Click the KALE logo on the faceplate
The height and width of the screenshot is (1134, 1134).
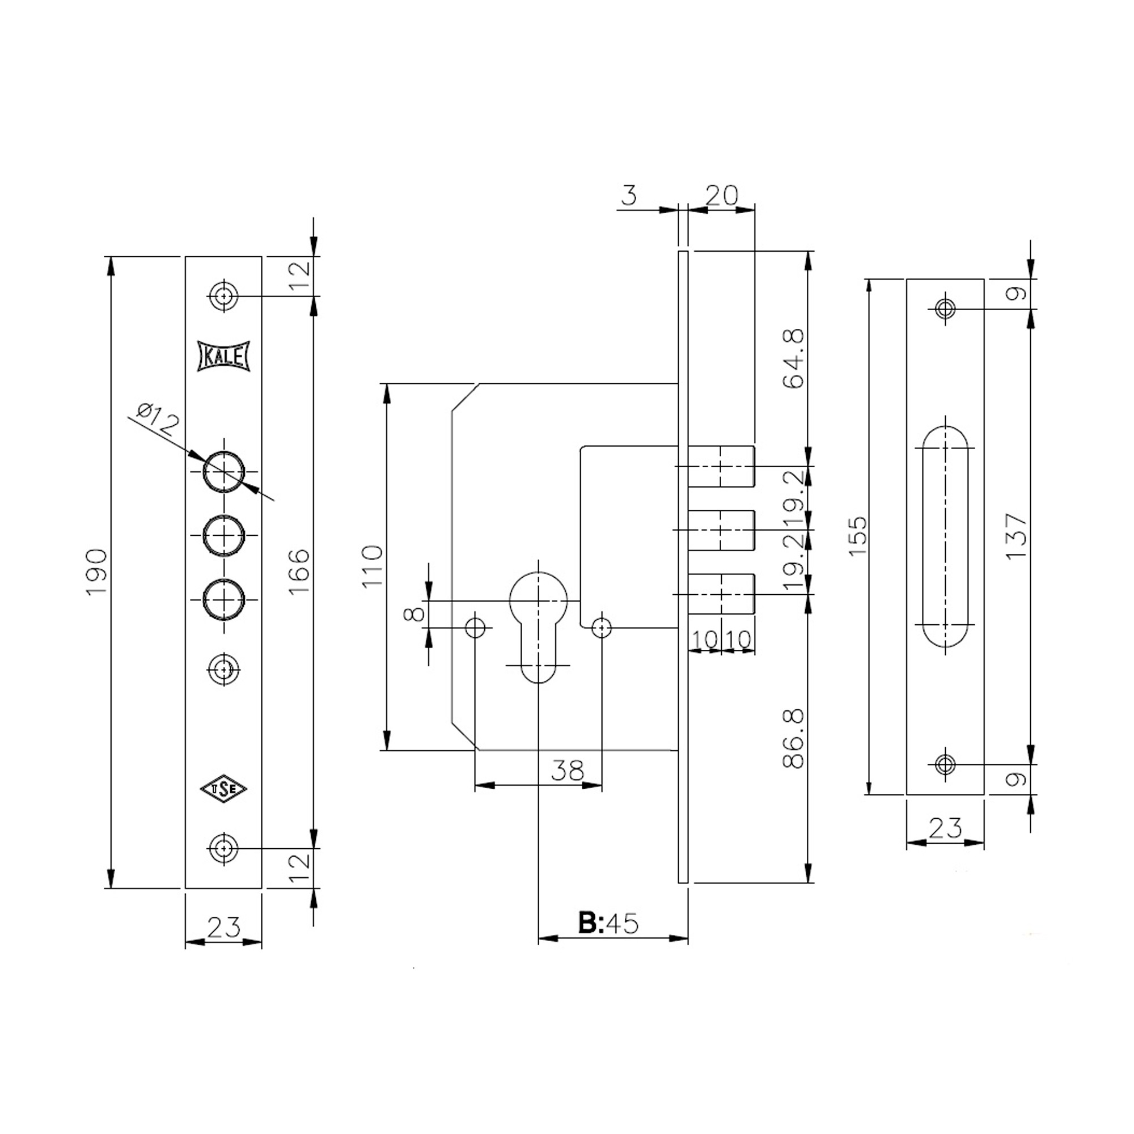coord(223,356)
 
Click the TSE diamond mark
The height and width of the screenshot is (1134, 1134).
coord(223,789)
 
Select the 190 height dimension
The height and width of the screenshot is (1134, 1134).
coord(96,572)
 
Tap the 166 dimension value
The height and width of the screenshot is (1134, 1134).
coord(299,572)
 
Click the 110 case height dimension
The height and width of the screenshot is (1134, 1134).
coord(373,566)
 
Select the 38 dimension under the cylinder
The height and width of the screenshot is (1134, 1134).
coord(568,770)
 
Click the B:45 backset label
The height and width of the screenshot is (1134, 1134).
coord(608,923)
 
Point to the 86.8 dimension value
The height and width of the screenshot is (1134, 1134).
coord(794,738)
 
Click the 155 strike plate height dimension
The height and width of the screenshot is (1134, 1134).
coord(857,536)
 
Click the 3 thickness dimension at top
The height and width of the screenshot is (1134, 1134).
coord(629,195)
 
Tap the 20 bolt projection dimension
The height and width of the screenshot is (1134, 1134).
coord(721,195)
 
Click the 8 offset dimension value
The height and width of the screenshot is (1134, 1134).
coord(414,614)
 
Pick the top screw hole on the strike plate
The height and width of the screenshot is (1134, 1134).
coord(945,308)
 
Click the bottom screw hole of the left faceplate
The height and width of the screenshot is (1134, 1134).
coord(223,848)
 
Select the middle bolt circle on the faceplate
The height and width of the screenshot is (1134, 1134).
coord(223,535)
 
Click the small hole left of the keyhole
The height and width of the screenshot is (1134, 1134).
coord(475,628)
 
